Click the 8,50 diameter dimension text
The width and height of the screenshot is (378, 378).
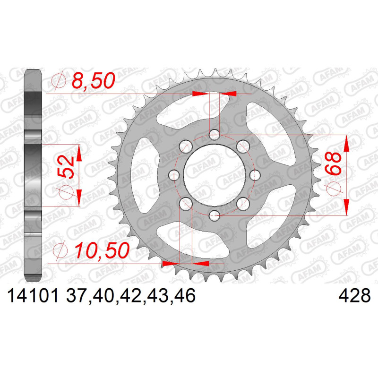(93, 80)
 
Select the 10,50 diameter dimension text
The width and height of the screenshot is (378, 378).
(102, 250)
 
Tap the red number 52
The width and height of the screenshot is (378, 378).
(66, 167)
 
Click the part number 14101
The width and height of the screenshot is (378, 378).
(33, 296)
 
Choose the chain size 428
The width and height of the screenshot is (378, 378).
(354, 296)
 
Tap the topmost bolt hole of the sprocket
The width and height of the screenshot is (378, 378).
(215, 135)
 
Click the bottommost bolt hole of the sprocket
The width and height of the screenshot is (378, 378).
(215, 215)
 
